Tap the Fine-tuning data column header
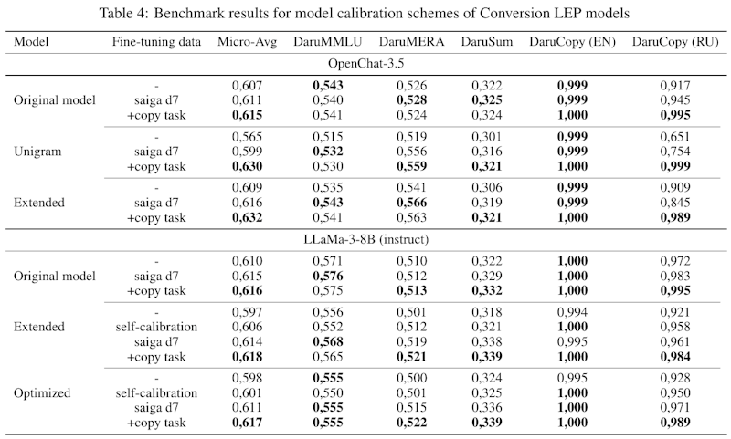tap(156, 42)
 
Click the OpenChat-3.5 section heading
tap(365, 62)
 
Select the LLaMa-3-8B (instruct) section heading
tap(365, 238)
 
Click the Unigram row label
tap(37, 151)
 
